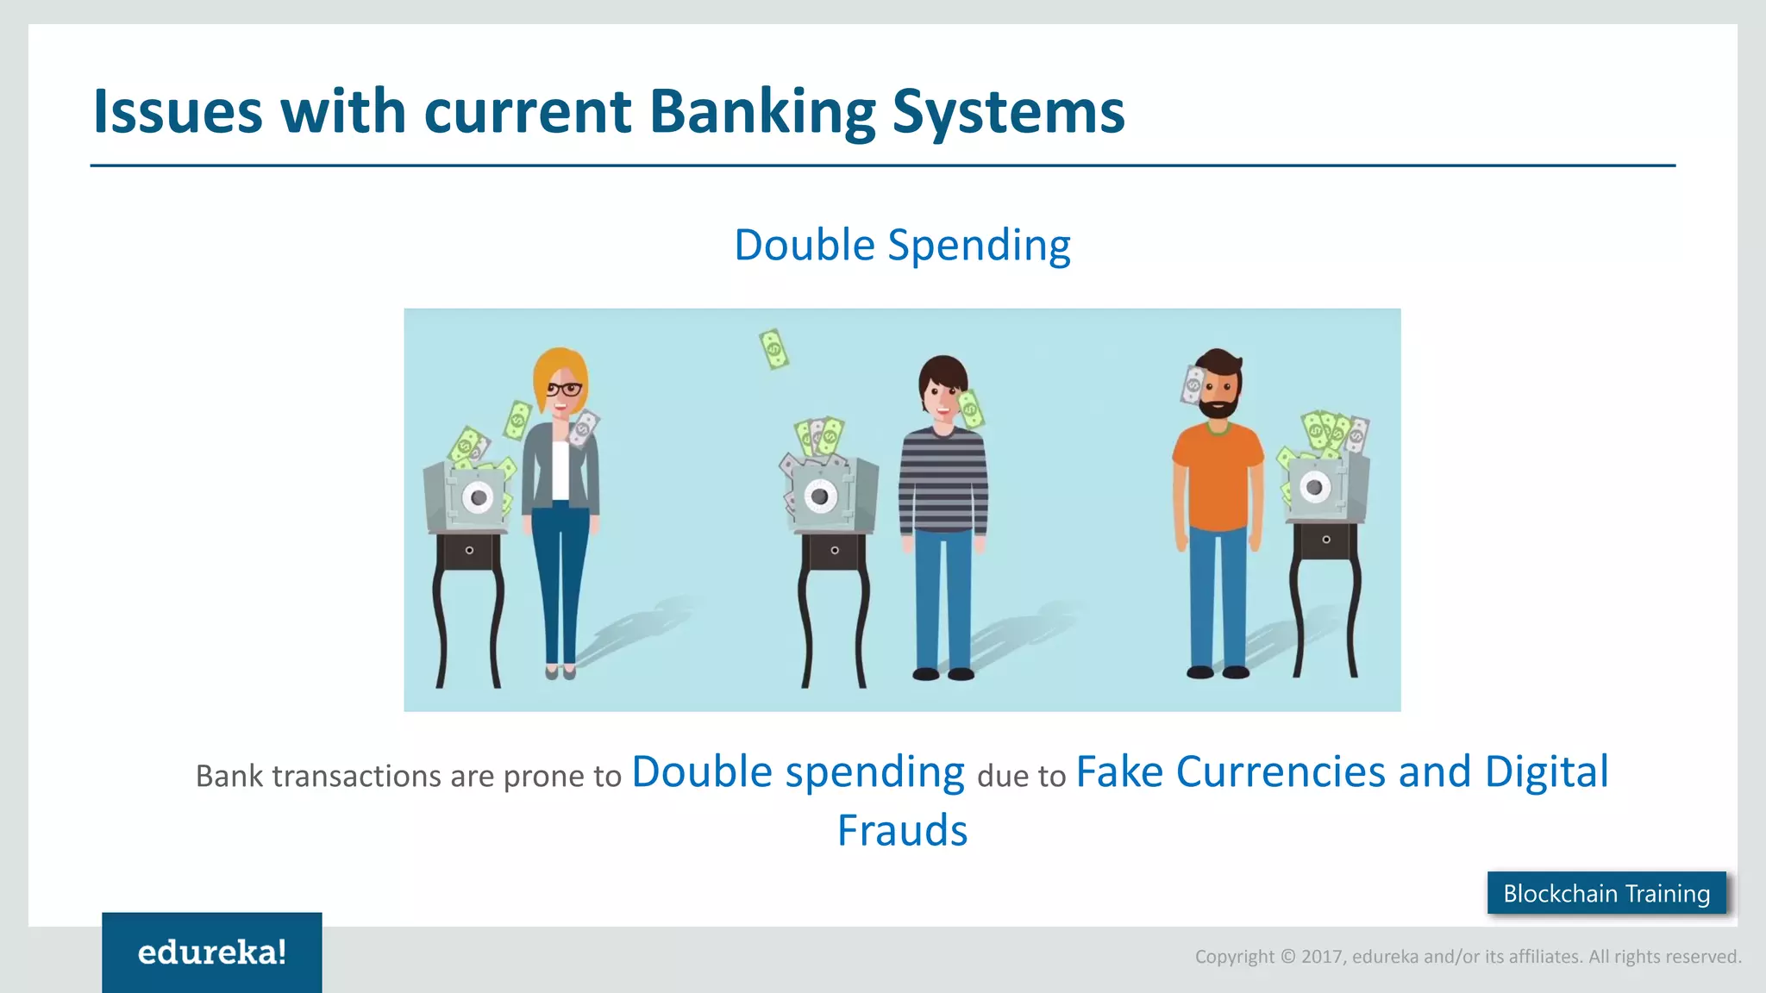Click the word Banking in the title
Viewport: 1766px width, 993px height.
761,112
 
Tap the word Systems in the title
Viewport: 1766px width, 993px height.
1008,112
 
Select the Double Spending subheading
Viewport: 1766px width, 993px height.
902,245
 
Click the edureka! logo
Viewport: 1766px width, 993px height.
212,952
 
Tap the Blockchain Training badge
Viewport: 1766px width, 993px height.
1606,893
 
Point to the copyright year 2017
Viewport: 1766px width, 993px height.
1322,956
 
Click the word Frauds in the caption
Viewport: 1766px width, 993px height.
902,830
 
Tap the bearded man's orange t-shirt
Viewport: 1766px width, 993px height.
1218,474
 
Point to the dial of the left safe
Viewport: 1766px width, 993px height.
478,497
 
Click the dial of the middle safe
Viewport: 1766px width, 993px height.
820,496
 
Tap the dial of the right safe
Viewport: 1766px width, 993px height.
1314,487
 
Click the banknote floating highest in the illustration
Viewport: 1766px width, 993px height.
773,349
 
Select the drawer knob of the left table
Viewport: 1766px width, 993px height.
469,550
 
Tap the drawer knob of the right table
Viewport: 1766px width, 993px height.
1326,540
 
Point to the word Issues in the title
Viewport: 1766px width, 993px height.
177,112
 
